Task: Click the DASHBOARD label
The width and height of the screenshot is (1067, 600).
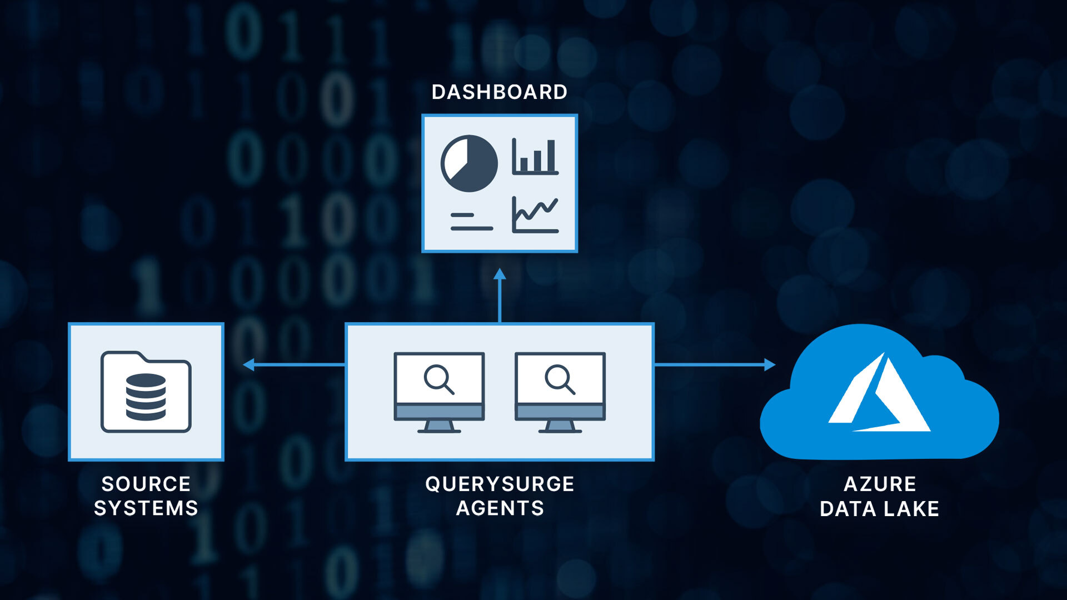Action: (499, 92)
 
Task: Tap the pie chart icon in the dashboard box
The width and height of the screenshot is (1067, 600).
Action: (469, 163)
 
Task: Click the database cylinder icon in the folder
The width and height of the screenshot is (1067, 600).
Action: (146, 397)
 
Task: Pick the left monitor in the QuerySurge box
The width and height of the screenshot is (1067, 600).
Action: (439, 392)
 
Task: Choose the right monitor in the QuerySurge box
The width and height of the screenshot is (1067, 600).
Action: (560, 392)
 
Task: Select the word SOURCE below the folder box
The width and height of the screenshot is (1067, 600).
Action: (146, 484)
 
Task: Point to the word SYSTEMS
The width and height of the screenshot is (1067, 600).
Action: (146, 508)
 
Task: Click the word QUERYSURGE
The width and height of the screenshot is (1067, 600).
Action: (500, 484)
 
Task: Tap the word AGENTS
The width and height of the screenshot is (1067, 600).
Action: (500, 508)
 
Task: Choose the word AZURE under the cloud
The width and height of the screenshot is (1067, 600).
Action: (880, 484)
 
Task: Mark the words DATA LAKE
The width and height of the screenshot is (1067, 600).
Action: (879, 509)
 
